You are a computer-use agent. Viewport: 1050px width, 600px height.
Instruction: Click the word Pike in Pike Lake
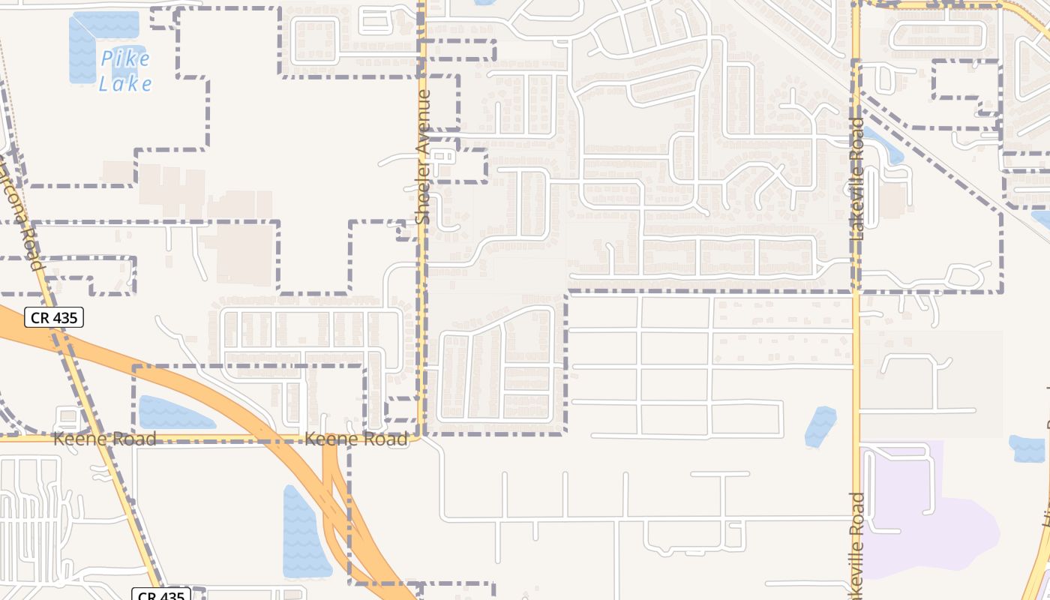click(125, 58)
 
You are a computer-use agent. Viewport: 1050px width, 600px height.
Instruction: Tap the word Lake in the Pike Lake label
click(125, 83)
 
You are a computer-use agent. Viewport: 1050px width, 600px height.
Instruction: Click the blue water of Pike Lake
click(82, 49)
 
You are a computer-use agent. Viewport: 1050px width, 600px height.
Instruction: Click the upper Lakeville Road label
click(857, 178)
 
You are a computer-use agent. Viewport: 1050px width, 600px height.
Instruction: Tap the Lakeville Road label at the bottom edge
click(857, 544)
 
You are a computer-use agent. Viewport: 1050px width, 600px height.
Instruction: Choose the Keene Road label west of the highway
click(104, 439)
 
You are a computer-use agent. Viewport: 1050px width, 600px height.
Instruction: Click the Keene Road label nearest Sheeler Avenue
click(356, 439)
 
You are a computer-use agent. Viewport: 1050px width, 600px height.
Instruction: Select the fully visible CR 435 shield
click(54, 317)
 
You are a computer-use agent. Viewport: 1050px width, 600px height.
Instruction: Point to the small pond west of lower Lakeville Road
click(820, 426)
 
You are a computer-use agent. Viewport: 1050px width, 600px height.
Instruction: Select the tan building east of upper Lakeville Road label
click(892, 201)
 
